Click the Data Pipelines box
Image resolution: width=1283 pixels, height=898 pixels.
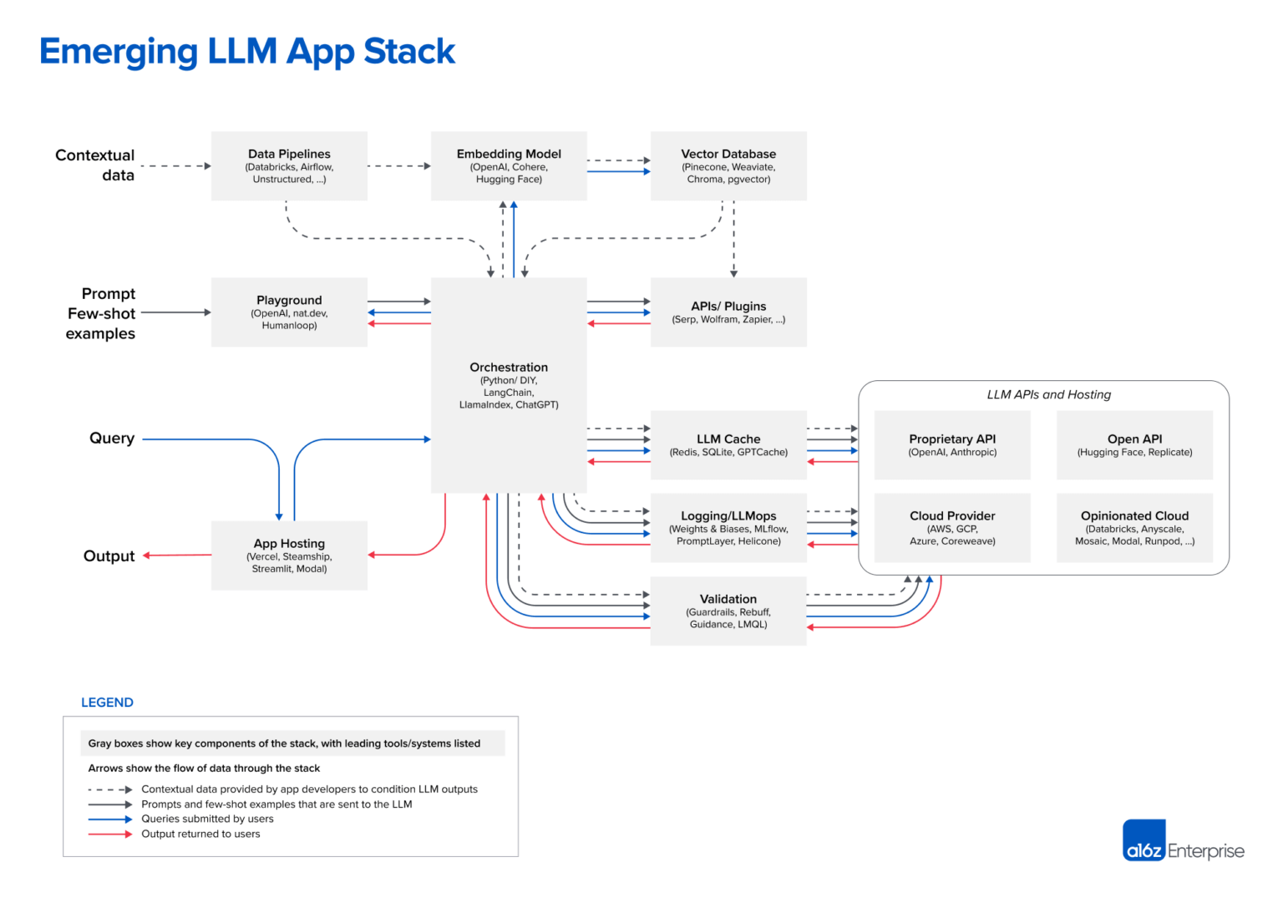coord(289,165)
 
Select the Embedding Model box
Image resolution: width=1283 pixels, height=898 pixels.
coord(509,165)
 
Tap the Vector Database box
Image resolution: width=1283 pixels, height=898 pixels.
coord(728,165)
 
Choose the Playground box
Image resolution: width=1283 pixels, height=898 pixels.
coord(289,312)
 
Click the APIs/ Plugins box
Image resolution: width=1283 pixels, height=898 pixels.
coord(728,312)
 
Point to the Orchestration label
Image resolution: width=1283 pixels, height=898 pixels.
coord(509,368)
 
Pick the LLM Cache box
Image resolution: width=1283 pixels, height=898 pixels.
coord(728,444)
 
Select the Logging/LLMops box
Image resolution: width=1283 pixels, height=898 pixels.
coord(728,528)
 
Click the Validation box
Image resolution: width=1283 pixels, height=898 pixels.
coord(728,611)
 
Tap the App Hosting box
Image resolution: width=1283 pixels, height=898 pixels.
coord(289,556)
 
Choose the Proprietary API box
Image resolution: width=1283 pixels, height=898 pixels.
coord(952,444)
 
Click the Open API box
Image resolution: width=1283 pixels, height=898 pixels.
coord(1134,444)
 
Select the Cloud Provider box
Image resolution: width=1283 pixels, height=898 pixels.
coord(952,528)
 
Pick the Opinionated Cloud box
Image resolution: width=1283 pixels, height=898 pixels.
coord(1134,528)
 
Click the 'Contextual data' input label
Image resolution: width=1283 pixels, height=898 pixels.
coord(95,165)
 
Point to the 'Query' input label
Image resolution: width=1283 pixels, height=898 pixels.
coord(112,439)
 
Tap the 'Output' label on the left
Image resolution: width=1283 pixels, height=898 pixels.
coord(109,556)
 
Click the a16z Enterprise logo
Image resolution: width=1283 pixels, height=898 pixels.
coord(1183,840)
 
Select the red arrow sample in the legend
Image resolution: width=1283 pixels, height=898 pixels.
coord(109,835)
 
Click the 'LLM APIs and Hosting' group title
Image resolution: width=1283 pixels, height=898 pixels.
coord(1048,394)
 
